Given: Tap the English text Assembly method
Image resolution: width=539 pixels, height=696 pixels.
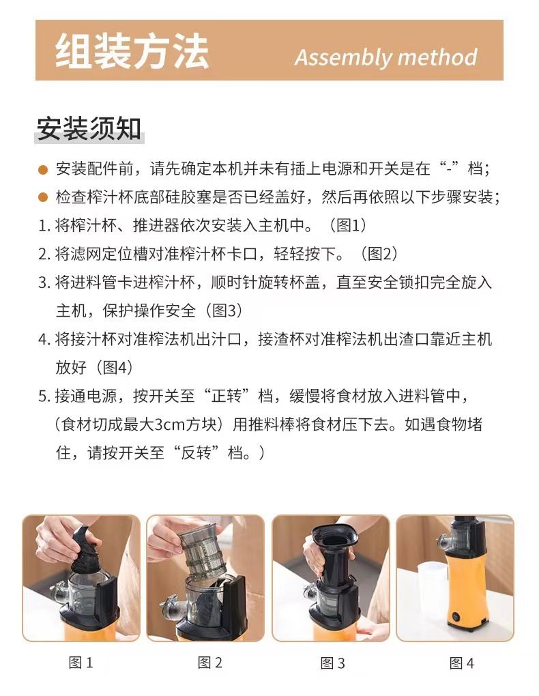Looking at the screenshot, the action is [385, 57].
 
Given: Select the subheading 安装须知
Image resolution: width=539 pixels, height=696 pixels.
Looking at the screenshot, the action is [89, 129].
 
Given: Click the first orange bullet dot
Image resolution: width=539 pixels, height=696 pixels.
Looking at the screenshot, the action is [43, 169].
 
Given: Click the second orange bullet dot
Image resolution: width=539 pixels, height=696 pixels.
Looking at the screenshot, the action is [43, 197].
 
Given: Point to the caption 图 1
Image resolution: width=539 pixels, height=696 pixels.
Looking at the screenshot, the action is [81, 663].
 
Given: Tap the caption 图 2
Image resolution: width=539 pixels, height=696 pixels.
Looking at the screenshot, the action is [209, 663].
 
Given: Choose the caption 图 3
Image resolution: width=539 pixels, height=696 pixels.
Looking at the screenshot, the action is [332, 663].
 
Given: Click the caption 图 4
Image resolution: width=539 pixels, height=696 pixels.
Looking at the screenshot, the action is [462, 663].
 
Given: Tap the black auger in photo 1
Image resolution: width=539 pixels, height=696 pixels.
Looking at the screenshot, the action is [87, 550].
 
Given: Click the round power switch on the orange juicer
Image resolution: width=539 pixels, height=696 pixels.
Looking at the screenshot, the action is [456, 617].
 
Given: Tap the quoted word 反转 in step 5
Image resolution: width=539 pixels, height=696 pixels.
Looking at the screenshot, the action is [196, 453].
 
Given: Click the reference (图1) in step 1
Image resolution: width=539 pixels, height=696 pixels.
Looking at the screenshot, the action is [347, 225].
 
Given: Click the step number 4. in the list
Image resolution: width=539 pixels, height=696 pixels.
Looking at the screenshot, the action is [45, 340].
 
